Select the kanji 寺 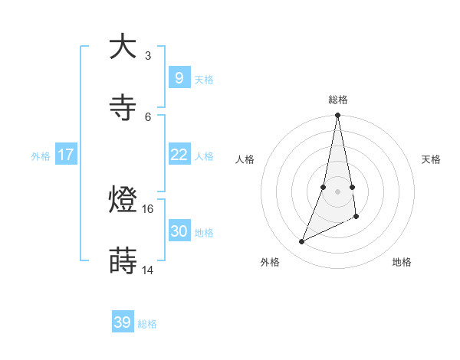[123, 108]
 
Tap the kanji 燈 [123, 201]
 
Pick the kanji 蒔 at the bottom [123, 262]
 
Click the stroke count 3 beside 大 [147, 55]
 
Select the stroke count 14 [148, 270]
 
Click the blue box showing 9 [179, 78]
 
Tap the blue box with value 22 [179, 155]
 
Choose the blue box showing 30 [179, 231]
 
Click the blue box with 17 [65, 155]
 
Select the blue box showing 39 [122, 322]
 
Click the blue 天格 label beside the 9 [204, 80]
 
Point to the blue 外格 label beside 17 [41, 156]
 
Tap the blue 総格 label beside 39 [147, 324]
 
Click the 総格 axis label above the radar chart [338, 100]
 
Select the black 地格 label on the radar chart [402, 262]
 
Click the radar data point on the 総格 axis [337, 115]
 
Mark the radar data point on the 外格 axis [302, 242]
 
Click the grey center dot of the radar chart [337, 191]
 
